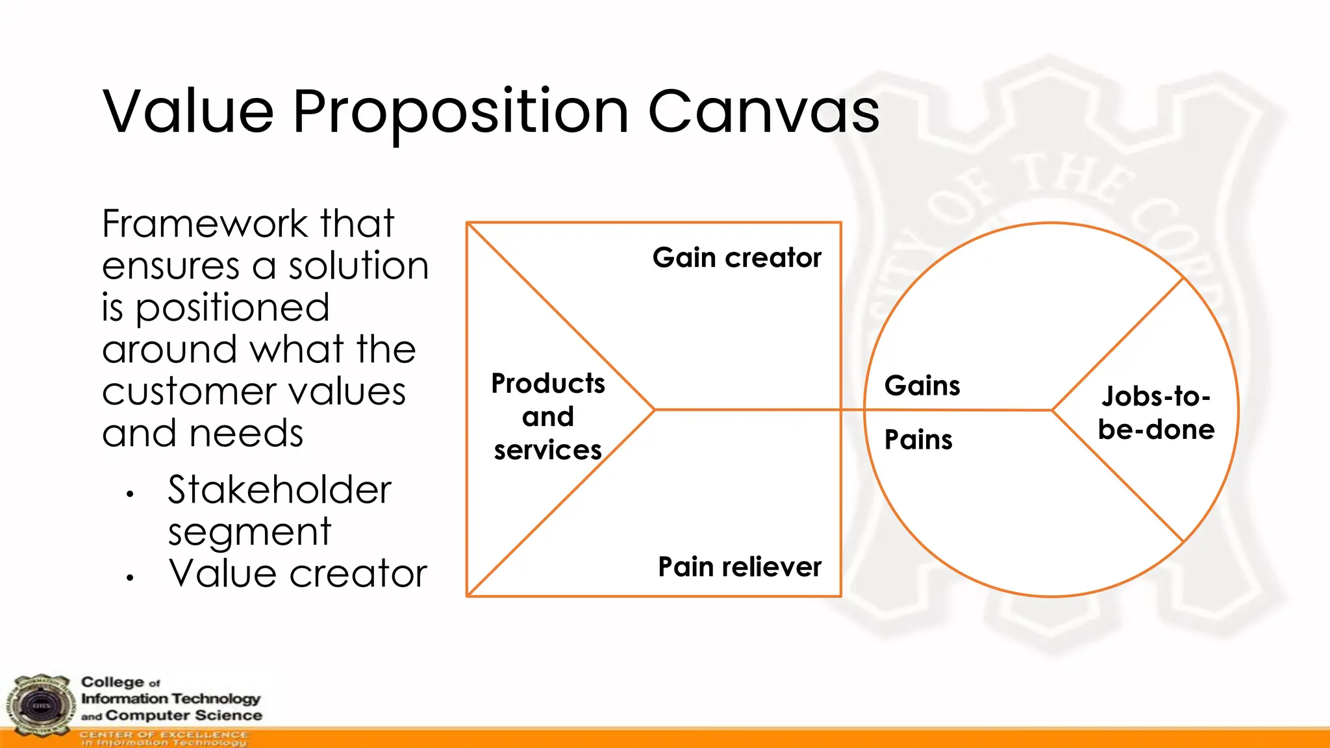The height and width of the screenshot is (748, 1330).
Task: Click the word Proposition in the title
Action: (x=460, y=112)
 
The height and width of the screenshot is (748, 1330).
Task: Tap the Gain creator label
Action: (x=736, y=258)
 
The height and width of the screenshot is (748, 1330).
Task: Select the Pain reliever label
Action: (x=739, y=567)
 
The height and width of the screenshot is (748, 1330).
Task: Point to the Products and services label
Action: (x=547, y=416)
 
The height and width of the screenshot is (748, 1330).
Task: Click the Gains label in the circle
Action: (x=922, y=386)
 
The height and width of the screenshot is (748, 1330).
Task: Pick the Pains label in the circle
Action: (x=918, y=440)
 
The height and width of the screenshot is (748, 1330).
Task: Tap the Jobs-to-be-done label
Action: (x=1156, y=413)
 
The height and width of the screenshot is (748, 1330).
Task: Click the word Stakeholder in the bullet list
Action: (x=279, y=490)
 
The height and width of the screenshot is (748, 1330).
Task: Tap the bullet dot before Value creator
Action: (x=131, y=577)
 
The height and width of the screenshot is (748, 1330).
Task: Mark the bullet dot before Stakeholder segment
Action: (x=131, y=495)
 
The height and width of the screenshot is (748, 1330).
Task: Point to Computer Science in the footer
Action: (x=183, y=716)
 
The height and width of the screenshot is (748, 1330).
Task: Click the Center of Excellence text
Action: (x=164, y=734)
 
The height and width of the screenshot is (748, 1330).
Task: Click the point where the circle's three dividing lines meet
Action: (x=1051, y=410)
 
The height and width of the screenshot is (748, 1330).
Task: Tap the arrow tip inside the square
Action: (x=654, y=410)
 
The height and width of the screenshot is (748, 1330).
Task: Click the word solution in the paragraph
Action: (x=358, y=266)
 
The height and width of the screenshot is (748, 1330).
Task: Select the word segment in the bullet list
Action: (x=249, y=532)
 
